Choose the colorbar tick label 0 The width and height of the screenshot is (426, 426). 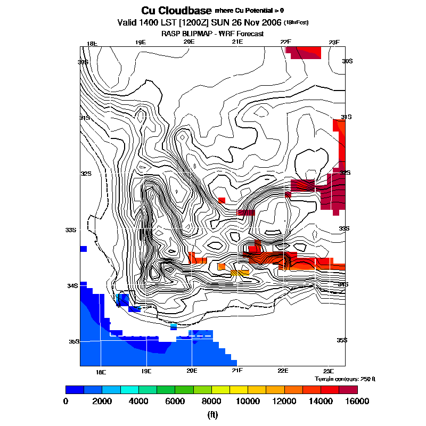(65, 402)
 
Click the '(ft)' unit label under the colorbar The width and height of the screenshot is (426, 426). (213, 415)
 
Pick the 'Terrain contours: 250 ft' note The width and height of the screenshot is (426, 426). (345, 379)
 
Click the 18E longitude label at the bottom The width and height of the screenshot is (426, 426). (100, 371)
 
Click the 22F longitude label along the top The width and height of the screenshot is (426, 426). (286, 43)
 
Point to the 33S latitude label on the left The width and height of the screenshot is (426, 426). (71, 230)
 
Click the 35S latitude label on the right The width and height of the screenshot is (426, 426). (342, 340)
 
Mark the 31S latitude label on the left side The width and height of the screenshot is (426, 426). (84, 118)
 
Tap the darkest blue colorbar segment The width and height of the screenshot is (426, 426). (75, 389)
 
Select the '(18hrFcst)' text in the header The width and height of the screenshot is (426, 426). (296, 23)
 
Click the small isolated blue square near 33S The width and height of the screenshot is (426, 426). (83, 249)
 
